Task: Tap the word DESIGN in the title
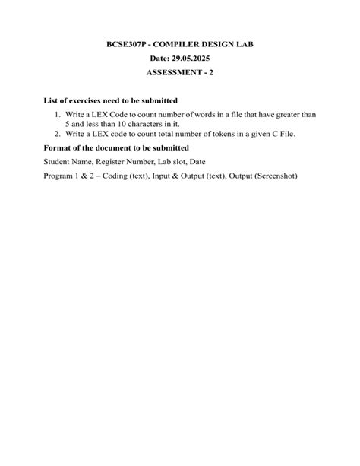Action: point(226,45)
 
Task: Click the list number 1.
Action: point(57,114)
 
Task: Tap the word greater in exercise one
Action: point(281,114)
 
